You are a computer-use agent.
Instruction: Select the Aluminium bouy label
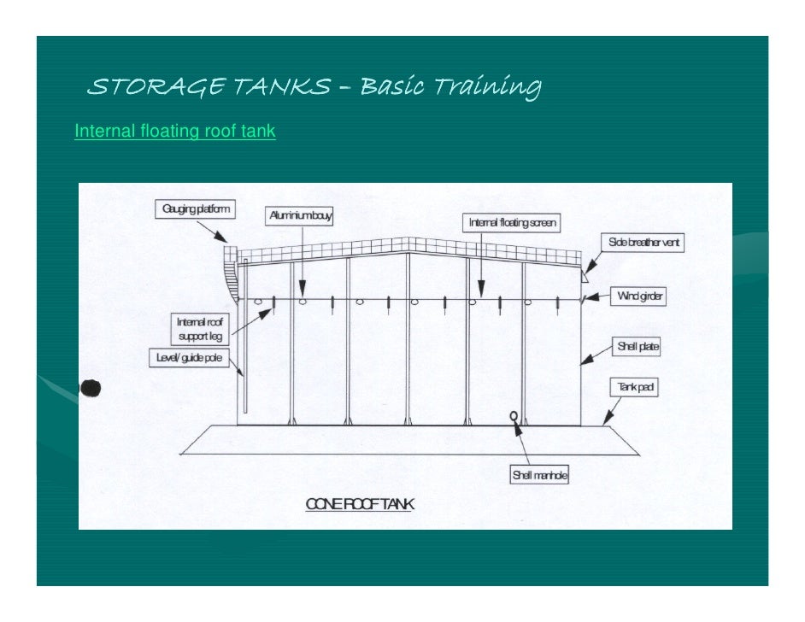(x=299, y=217)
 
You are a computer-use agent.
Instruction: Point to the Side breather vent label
(x=644, y=243)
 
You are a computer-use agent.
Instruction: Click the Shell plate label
(x=638, y=347)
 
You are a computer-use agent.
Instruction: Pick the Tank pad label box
(x=636, y=388)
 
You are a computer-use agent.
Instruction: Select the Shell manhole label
(x=539, y=475)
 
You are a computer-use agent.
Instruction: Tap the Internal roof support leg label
(x=199, y=329)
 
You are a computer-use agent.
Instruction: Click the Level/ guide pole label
(x=188, y=357)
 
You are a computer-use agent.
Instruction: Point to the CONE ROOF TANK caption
(x=360, y=504)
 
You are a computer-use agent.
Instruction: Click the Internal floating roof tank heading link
(x=175, y=132)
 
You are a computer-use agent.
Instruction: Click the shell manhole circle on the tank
(x=514, y=416)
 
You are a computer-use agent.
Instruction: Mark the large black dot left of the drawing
(x=91, y=389)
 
